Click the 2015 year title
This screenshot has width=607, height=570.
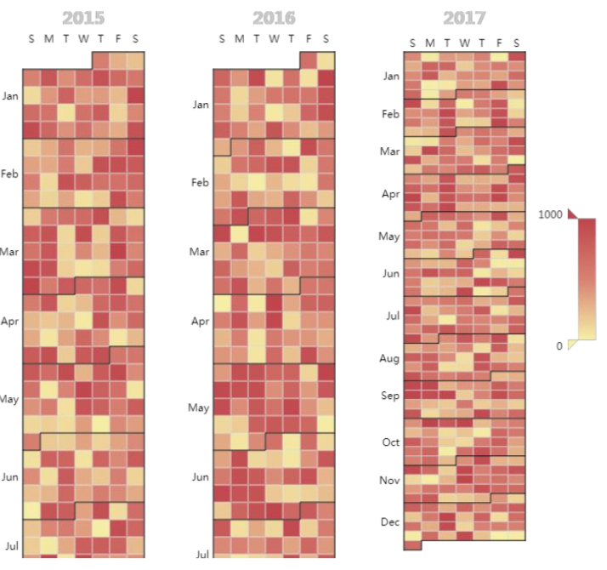[x=83, y=18]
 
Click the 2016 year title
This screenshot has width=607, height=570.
[x=274, y=18]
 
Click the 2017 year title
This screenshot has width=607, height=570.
[x=464, y=18]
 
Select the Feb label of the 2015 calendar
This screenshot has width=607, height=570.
[x=10, y=174]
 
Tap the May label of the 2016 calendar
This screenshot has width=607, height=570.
[x=199, y=408]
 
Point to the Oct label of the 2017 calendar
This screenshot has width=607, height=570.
[x=390, y=442]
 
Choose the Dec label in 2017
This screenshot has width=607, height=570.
[x=390, y=522]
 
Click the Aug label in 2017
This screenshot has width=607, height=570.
[x=390, y=358]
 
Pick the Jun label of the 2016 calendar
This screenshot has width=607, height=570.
[x=200, y=477]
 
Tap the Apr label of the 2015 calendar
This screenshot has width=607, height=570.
[x=10, y=322]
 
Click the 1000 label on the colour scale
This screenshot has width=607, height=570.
[x=550, y=215]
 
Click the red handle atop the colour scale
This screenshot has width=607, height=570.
[x=572, y=213]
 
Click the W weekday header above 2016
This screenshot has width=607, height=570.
[x=274, y=39]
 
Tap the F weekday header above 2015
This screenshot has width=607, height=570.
[x=118, y=39]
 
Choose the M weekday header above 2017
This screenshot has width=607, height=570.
[x=430, y=43]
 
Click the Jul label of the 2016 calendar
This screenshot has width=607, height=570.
[x=201, y=555]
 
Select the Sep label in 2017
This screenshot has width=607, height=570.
[x=390, y=396]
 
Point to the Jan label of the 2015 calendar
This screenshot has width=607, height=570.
[x=10, y=96]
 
